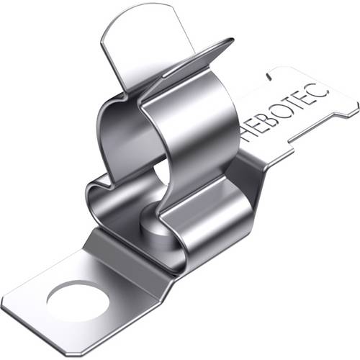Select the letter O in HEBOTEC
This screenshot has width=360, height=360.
(289, 107)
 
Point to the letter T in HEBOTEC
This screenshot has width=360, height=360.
(301, 100)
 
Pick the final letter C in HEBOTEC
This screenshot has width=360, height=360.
(321, 89)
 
